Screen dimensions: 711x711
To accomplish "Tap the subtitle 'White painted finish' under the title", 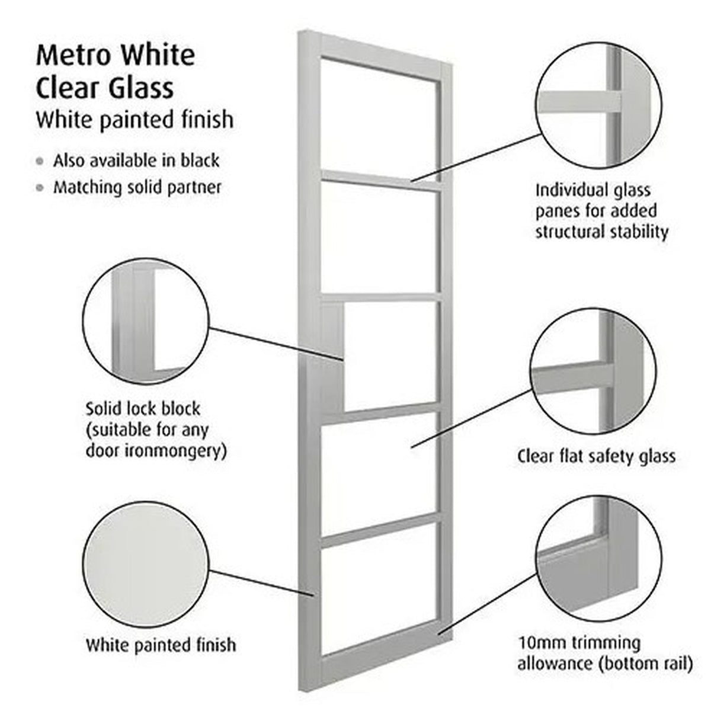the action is click(135, 120).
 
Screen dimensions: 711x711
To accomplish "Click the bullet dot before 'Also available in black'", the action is click(40, 161).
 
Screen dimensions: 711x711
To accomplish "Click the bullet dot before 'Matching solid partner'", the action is click(40, 188).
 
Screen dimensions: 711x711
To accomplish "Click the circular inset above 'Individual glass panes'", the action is click(598, 106).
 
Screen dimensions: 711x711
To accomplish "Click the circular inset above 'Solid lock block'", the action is click(146, 321).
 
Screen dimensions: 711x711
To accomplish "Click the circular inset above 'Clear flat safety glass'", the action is click(593, 371).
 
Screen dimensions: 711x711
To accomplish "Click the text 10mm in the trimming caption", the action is click(542, 643).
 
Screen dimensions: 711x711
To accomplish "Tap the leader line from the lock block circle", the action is click(276, 344).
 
